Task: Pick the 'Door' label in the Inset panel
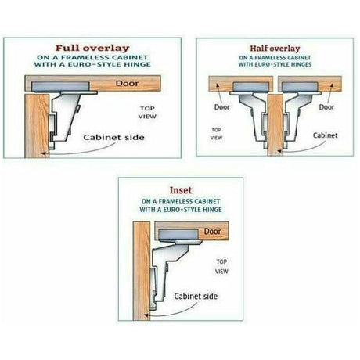pos(211,232)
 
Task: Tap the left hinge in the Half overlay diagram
pos(246,98)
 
